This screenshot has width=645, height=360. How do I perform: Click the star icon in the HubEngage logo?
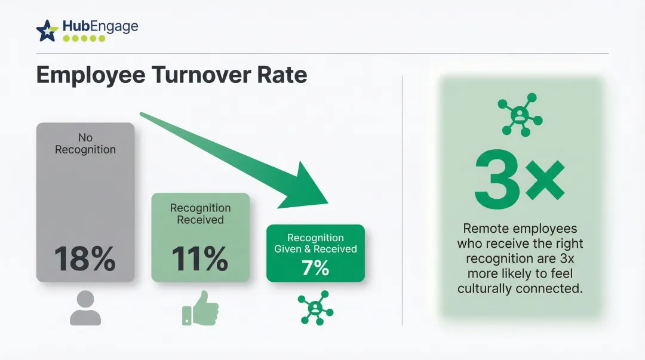tap(47, 30)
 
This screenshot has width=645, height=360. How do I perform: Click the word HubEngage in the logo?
tap(100, 26)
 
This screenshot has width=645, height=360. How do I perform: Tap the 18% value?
tap(85, 259)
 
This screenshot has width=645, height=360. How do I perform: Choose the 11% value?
tap(200, 259)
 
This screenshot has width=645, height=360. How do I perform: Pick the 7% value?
tap(315, 268)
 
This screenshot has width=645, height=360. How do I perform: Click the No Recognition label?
tap(85, 144)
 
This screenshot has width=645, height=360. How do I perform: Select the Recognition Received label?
tap(200, 214)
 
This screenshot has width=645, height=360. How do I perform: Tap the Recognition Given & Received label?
tap(315, 243)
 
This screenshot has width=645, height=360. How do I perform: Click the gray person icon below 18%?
tap(85, 308)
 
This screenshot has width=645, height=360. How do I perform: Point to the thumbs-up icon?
tap(200, 308)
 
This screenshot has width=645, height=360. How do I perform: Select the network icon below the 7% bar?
tap(315, 308)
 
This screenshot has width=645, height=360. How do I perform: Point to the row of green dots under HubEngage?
tap(84, 38)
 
